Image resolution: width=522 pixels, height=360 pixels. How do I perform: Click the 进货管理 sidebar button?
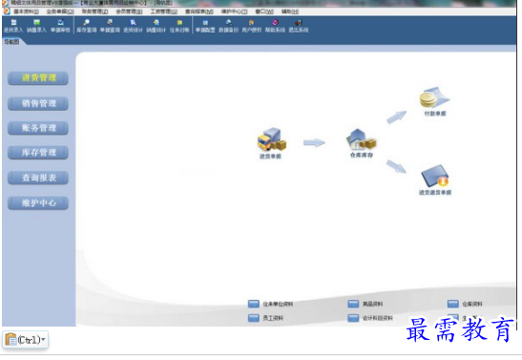(x=38, y=78)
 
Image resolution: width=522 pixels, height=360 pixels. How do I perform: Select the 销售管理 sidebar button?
(x=38, y=103)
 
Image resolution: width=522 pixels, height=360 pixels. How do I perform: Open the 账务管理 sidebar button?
(x=38, y=128)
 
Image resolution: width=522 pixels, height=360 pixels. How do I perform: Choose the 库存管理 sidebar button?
(x=38, y=153)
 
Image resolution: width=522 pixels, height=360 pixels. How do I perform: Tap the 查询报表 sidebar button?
(x=38, y=178)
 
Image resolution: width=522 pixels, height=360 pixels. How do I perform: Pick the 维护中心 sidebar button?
(x=38, y=202)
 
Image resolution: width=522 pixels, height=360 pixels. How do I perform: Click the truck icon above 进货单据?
(x=272, y=139)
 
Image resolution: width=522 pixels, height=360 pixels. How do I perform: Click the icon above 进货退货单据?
(x=435, y=175)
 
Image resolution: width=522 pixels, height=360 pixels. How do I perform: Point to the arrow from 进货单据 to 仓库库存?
(x=314, y=143)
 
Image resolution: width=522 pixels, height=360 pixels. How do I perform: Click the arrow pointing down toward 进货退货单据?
(x=396, y=166)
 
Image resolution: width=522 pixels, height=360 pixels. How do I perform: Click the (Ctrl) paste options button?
(x=25, y=340)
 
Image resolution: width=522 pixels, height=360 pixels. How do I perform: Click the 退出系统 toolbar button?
(x=299, y=27)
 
